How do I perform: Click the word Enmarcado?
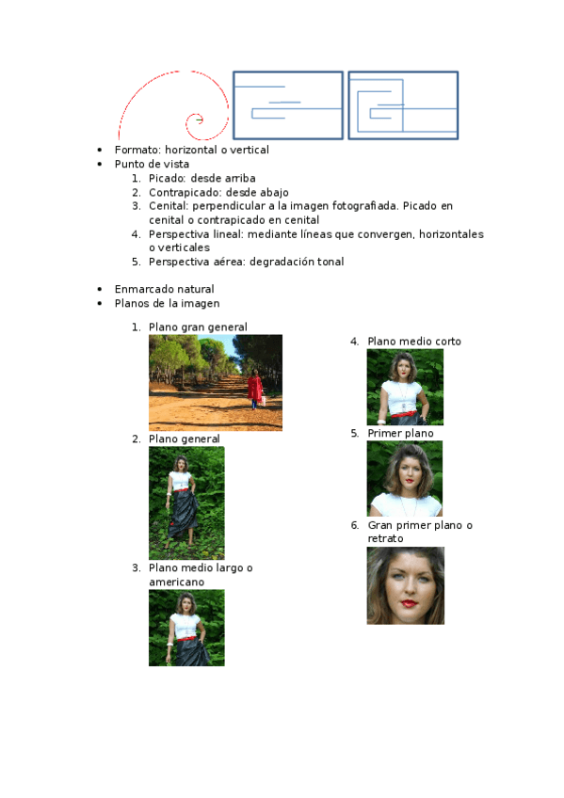(x=142, y=289)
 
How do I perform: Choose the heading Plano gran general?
(x=198, y=327)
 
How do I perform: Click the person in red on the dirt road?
(x=255, y=390)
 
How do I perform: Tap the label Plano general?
(x=185, y=439)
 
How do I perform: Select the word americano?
(x=177, y=582)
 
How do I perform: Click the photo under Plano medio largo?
(x=186, y=628)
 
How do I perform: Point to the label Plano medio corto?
(x=414, y=341)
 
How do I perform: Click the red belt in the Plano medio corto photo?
(x=404, y=414)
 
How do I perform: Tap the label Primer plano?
(x=400, y=433)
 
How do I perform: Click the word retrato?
(x=385, y=538)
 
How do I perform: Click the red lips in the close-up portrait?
(x=409, y=603)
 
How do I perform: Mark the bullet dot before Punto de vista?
(x=99, y=164)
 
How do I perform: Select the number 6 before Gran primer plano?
(x=354, y=525)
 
